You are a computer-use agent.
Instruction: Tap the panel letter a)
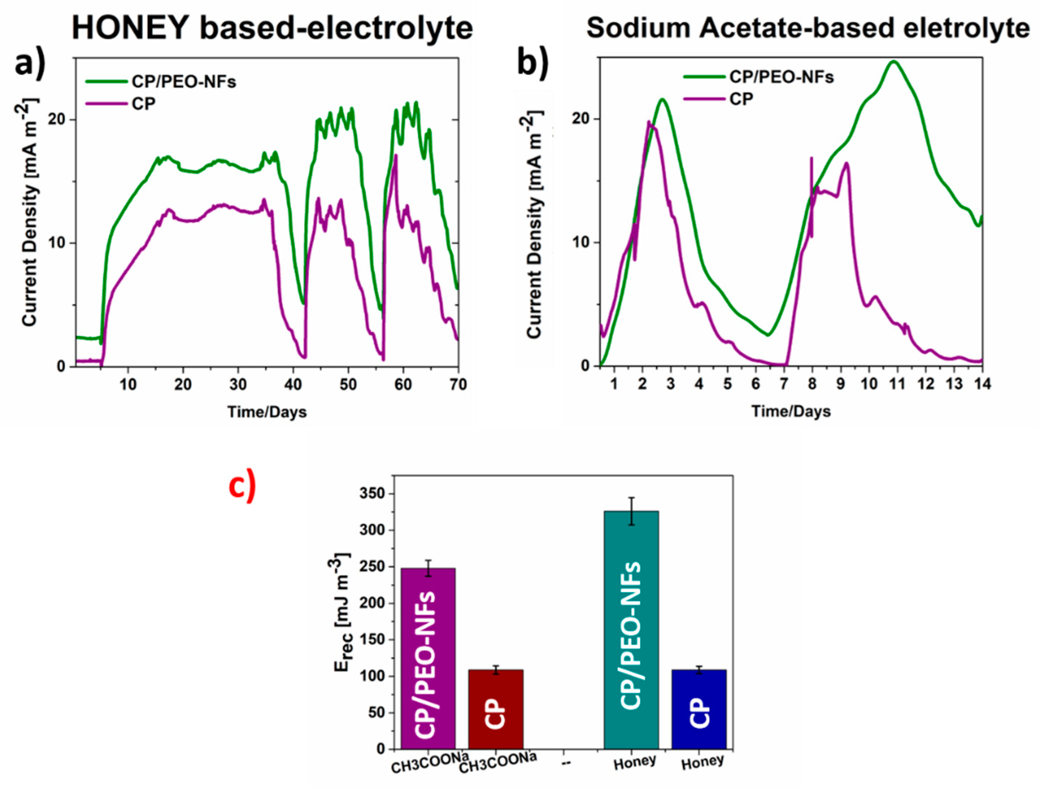(x=29, y=64)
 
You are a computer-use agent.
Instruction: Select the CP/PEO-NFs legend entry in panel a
(x=183, y=82)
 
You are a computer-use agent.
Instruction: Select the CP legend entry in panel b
(x=741, y=99)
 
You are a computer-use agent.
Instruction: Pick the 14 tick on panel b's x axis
(x=981, y=384)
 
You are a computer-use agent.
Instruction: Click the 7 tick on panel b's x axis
(x=784, y=384)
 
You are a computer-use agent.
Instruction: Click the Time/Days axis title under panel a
(x=267, y=412)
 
